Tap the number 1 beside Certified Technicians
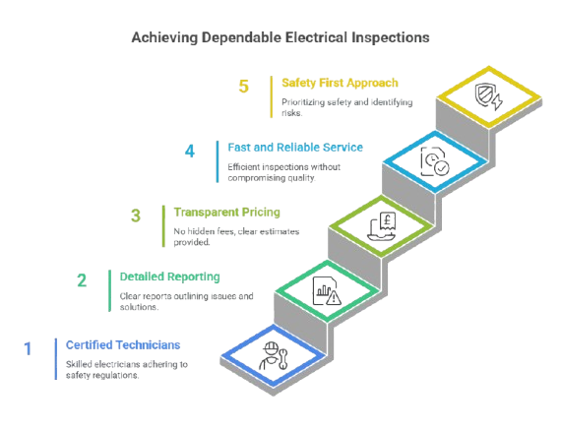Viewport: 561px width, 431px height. pos(28,347)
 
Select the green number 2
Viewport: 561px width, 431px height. pos(82,279)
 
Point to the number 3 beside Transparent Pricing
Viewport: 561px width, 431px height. pos(136,215)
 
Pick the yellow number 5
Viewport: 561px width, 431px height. pos(243,86)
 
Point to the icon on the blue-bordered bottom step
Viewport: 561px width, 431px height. pos(271,352)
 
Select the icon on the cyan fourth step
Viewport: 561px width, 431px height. pos(434,159)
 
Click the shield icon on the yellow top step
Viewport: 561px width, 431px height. pos(488,95)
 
